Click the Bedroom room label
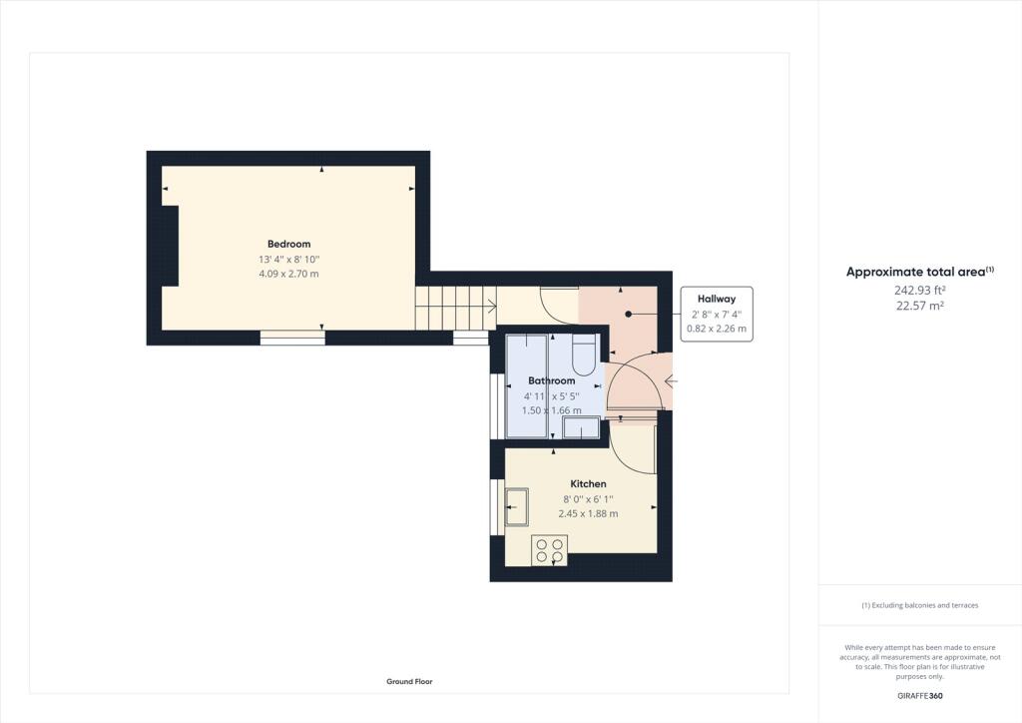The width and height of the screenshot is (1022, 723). [x=288, y=244]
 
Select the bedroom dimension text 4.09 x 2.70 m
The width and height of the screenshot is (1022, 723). [x=288, y=274]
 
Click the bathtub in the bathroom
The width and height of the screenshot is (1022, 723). [x=526, y=386]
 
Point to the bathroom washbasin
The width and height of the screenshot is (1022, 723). [x=581, y=428]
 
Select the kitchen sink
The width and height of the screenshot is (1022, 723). [x=518, y=506]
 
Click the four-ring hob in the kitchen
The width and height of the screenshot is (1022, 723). [x=549, y=550]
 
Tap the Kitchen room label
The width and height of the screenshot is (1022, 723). [x=588, y=483]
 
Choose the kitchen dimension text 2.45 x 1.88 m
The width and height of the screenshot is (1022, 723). [x=588, y=513]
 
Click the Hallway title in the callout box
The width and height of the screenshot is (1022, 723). [x=717, y=299]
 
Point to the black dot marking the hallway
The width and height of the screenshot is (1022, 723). [x=629, y=314]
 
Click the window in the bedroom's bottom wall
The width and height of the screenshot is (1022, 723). [x=292, y=338]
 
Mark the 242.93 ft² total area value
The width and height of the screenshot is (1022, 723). [x=919, y=291]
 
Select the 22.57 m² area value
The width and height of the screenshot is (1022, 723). [x=919, y=306]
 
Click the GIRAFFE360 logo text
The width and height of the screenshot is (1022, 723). [x=919, y=694]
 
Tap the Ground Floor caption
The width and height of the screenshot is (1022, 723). [x=409, y=681]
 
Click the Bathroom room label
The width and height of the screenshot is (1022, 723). [x=552, y=380]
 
